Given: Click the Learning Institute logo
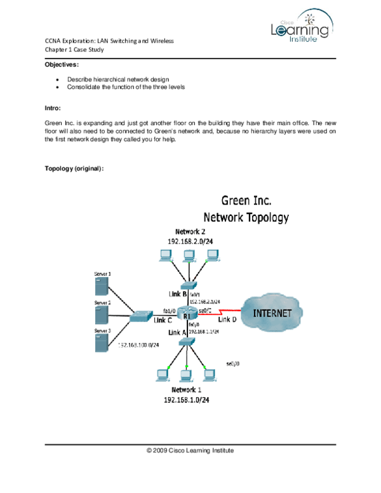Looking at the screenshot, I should pos(302,25).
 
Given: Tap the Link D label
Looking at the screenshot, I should pos(227,319).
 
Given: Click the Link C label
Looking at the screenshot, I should pos(163,320).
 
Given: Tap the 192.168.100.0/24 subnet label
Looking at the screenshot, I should pos(138,345).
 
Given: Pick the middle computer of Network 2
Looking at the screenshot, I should pos(188,256).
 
